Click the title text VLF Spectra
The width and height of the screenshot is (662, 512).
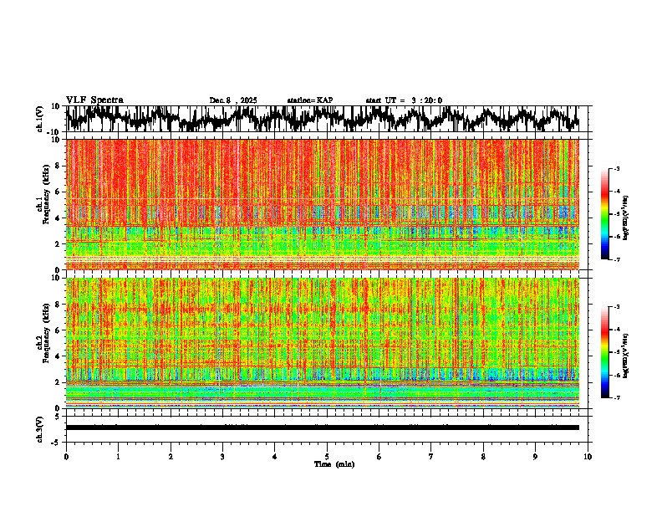tap(94, 100)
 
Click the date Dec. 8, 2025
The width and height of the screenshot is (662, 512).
tap(233, 100)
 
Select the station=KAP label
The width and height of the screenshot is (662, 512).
tap(309, 100)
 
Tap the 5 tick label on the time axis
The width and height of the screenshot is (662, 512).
tap(327, 457)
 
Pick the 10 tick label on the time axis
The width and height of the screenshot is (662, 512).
tap(588, 457)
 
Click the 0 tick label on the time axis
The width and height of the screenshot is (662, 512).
tap(66, 457)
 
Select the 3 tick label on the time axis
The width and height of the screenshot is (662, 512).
tap(222, 457)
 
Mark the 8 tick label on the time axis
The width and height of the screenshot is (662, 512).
tap(483, 457)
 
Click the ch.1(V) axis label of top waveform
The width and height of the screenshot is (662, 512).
tap(39, 119)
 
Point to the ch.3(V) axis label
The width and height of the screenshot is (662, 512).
tap(39, 428)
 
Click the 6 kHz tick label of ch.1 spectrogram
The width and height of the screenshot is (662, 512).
tap(58, 192)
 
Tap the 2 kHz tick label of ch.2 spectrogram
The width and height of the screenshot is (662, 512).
tap(58, 382)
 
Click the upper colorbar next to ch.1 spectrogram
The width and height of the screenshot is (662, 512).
tap(612, 214)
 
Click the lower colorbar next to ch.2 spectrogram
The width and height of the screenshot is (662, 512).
tap(612, 352)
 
